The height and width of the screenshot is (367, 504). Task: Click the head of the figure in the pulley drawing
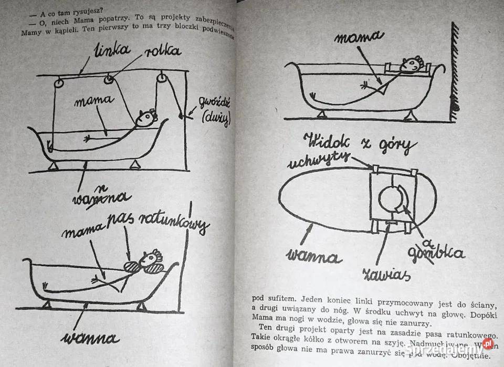[146, 118]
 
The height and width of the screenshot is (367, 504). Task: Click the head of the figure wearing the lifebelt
[150, 259]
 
